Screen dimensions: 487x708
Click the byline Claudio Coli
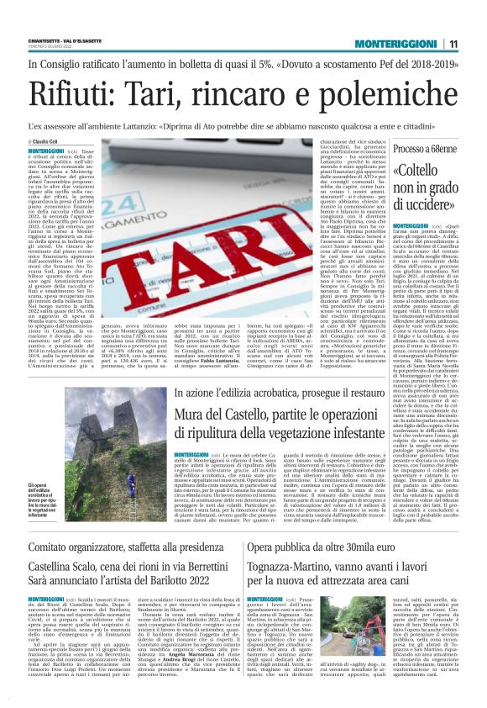point(50,143)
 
